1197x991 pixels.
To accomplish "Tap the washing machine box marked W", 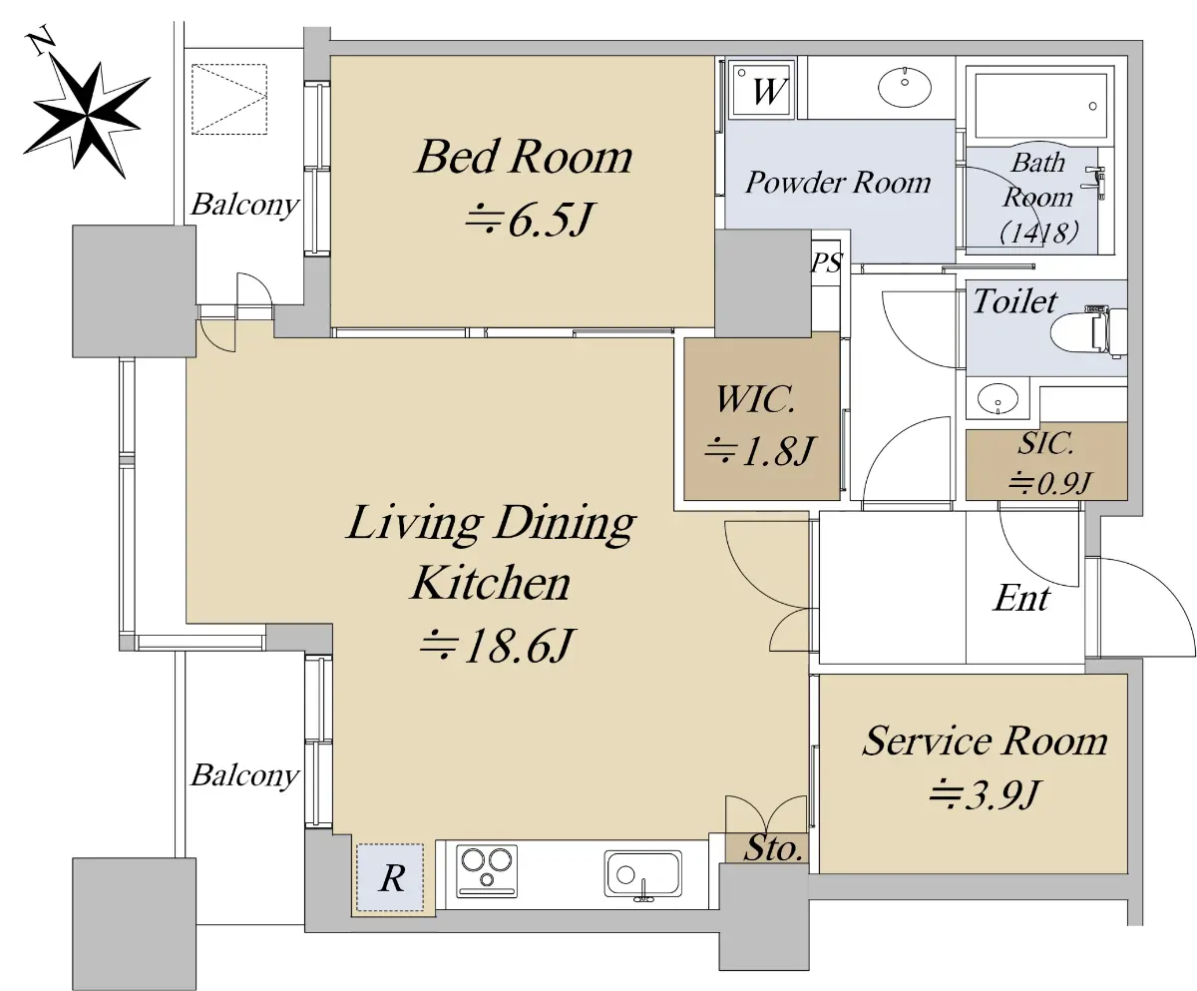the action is [x=763, y=90].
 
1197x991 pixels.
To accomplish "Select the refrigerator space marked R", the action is [x=390, y=877].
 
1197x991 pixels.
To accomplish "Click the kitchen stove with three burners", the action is [x=487, y=870].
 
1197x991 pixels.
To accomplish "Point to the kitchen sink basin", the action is [x=643, y=874].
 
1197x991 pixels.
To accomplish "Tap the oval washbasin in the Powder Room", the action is [x=905, y=87].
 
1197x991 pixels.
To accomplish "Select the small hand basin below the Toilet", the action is [x=997, y=398].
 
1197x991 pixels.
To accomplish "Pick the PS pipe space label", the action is [x=826, y=262].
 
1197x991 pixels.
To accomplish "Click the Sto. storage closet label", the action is [x=773, y=848].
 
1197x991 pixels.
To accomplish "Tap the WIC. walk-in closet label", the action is [x=755, y=399].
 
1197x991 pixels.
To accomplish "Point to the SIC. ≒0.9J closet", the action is [x=1046, y=460].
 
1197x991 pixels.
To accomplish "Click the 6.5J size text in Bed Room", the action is [x=550, y=220].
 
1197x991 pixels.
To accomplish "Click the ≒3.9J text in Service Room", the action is [x=984, y=794].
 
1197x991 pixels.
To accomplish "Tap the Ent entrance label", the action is [x=1021, y=598].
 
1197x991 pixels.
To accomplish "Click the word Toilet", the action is [x=1015, y=301].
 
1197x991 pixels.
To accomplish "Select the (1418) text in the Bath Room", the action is [x=1039, y=233].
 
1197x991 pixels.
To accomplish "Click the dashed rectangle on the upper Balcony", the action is [x=229, y=99].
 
